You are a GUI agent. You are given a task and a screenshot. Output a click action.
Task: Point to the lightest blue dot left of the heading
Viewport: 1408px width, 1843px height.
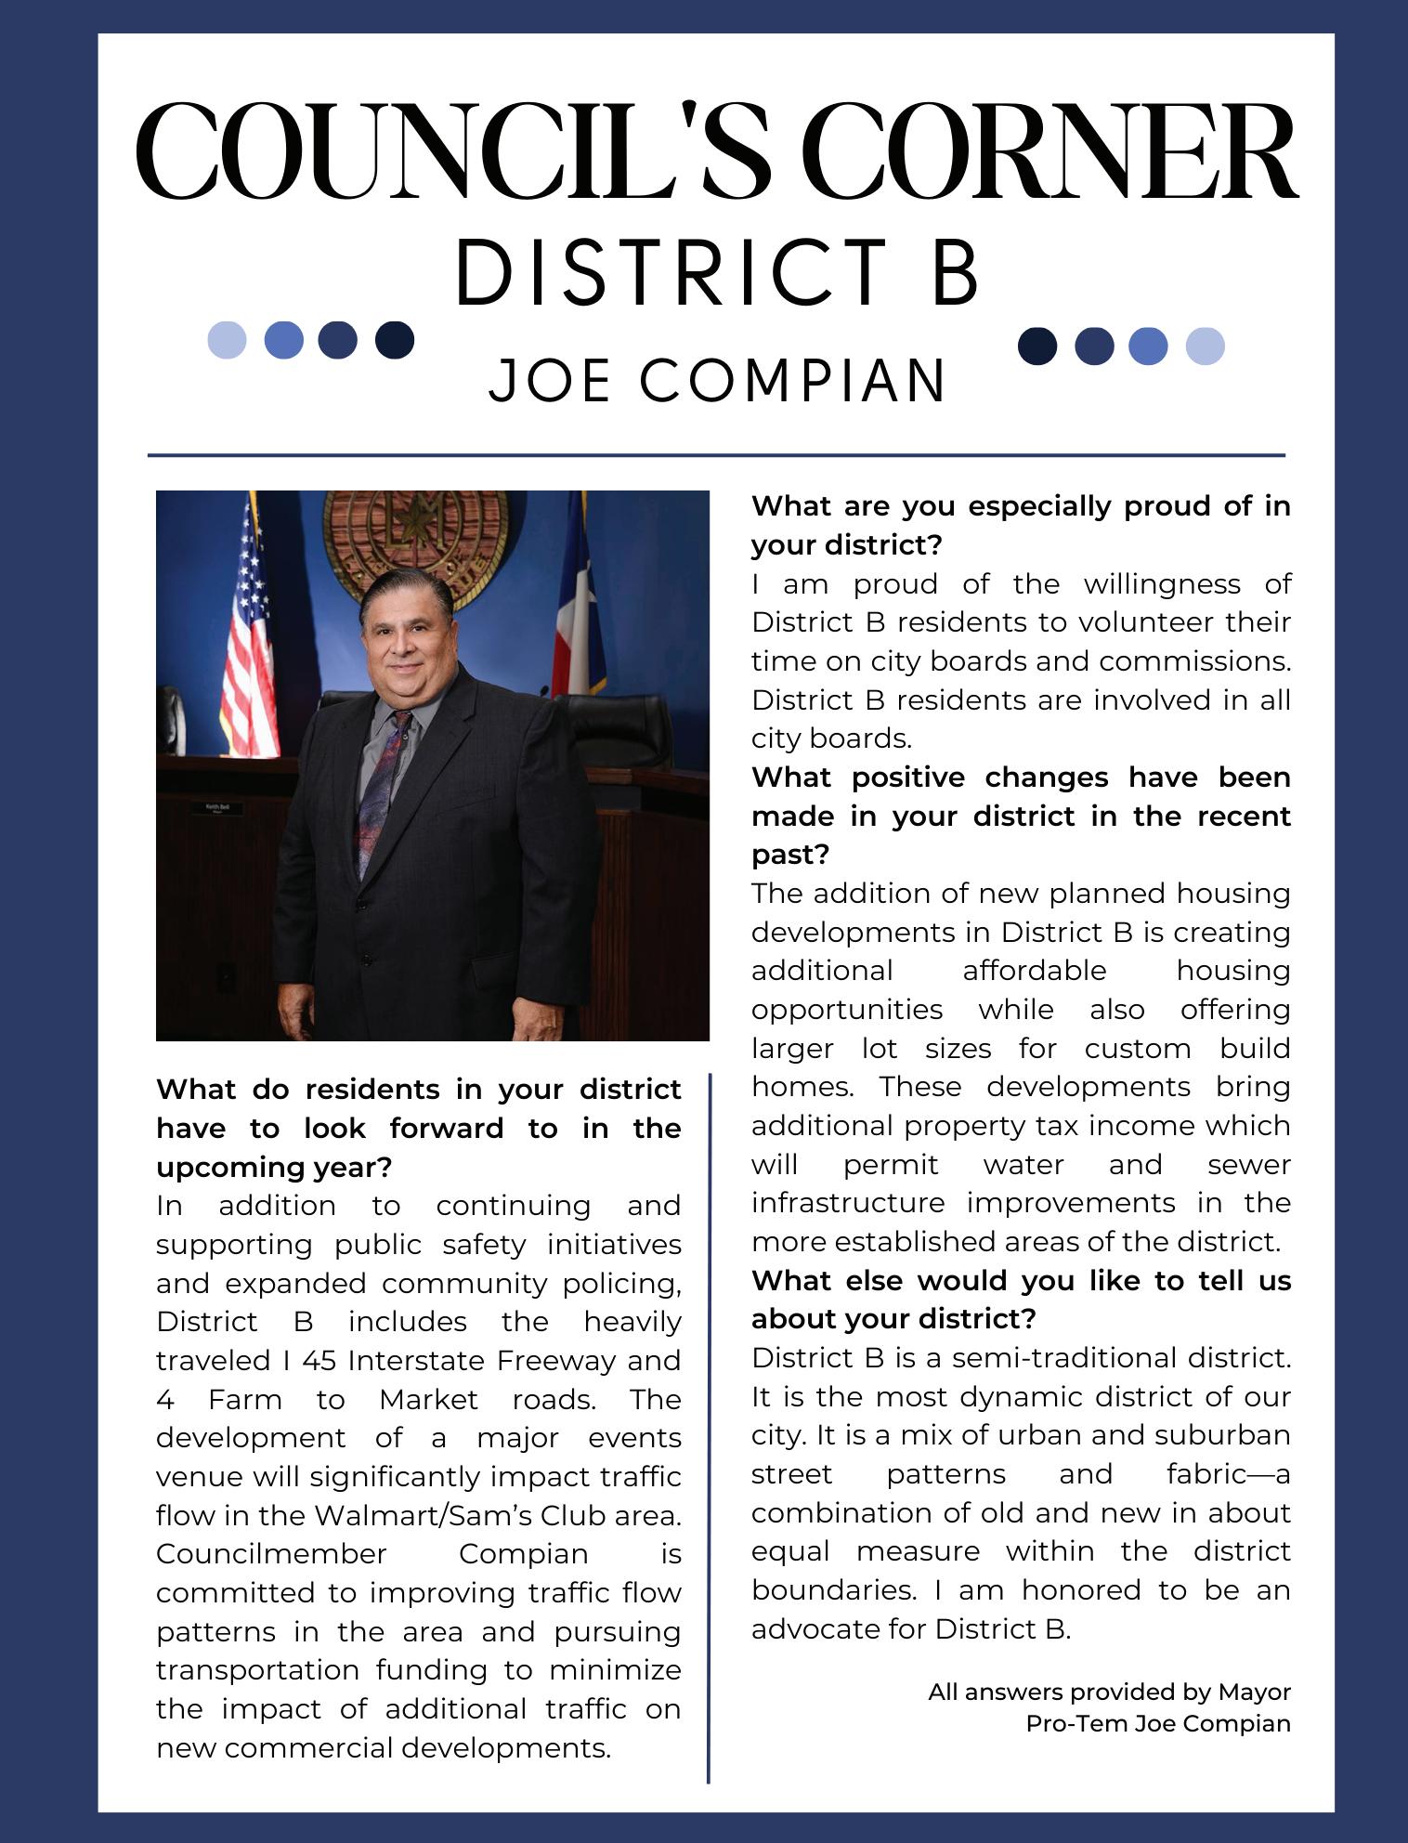pos(227,340)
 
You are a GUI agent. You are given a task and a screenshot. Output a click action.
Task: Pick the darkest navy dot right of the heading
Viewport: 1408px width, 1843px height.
pos(1037,346)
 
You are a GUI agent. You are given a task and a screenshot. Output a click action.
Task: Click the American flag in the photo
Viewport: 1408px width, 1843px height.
pos(248,632)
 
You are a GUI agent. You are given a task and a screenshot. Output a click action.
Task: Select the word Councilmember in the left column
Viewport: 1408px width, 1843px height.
pos(271,1554)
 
